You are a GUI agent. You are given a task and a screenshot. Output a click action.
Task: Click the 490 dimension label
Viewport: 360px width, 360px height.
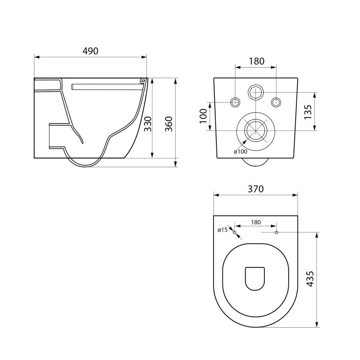coord(90,51)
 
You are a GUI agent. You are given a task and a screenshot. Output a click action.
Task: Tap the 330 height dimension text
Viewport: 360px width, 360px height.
coord(148,124)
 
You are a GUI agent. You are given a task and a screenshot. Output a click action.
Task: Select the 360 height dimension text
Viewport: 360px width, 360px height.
coord(169,124)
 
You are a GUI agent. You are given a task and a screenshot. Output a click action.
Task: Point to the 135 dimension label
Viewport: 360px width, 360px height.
coord(308,112)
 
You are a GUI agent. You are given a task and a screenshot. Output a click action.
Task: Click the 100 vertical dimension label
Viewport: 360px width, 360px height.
coord(204,116)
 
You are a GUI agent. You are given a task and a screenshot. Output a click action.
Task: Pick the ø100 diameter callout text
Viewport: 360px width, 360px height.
coord(240,152)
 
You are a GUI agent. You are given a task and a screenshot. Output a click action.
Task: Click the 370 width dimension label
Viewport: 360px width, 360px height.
coord(256,189)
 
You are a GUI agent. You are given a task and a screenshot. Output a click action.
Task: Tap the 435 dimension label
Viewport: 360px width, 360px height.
coord(310,279)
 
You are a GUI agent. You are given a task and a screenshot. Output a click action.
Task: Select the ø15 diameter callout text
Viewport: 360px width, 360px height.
coord(222,230)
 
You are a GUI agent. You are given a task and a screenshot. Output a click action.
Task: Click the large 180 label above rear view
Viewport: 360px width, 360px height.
coord(257,61)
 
